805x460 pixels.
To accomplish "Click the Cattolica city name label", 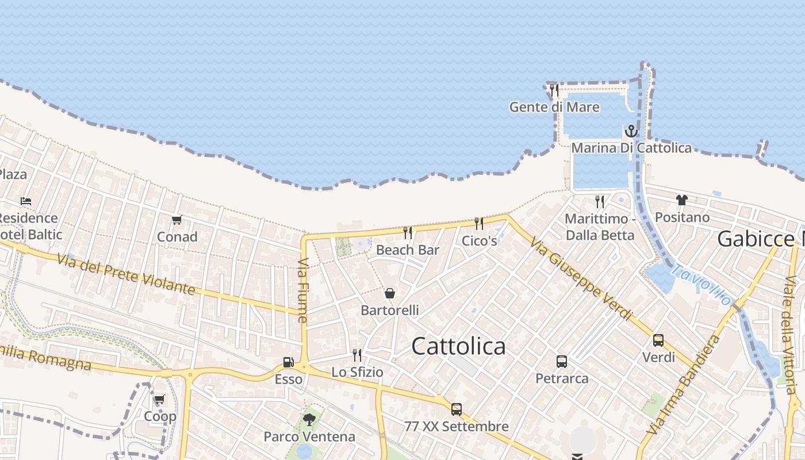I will tap(459, 346).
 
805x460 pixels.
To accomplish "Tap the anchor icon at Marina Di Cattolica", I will tap(631, 131).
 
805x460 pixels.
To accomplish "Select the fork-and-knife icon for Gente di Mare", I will tap(554, 90).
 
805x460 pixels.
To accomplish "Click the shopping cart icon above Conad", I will tap(177, 220).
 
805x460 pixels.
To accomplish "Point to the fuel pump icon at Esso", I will tap(288, 362).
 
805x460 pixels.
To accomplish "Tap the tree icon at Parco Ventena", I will tap(309, 419).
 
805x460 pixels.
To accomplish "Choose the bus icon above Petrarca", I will tap(562, 362).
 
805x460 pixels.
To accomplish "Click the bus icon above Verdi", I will tap(658, 340).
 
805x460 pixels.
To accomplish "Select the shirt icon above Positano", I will tap(682, 200).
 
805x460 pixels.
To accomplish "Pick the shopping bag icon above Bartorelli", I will tap(390, 293).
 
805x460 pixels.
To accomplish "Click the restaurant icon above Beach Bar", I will tap(408, 232).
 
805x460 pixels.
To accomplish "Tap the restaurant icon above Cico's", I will tap(478, 223).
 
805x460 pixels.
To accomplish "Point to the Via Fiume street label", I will tap(303, 290).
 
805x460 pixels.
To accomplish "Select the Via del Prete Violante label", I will tap(126, 274).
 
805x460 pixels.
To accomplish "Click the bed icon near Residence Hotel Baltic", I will tap(26, 201).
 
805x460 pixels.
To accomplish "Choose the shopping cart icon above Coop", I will tap(159, 399).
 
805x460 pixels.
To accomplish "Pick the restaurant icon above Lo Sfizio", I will tap(357, 355).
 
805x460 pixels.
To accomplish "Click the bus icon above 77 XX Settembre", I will tap(457, 409).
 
